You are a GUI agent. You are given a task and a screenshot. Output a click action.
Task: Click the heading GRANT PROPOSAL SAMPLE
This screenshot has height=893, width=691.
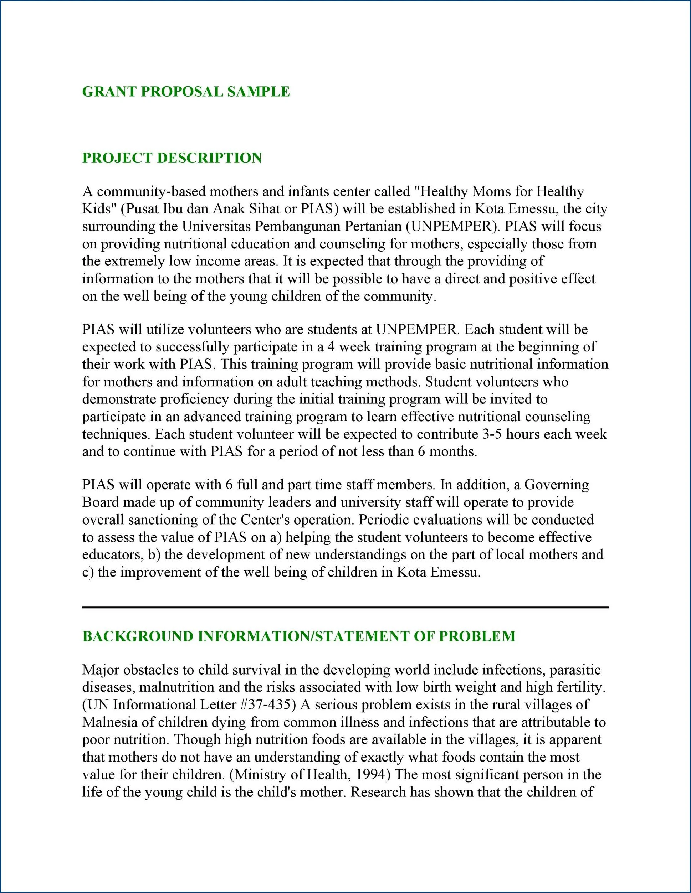(x=186, y=91)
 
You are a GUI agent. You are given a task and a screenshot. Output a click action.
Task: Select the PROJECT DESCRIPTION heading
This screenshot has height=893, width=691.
(x=172, y=158)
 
